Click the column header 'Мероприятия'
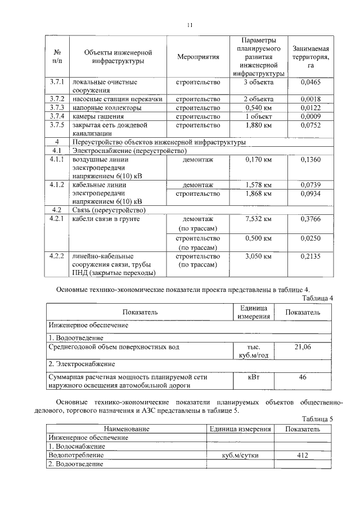click(197, 57)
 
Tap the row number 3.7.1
click(57, 82)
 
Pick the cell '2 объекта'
click(258, 99)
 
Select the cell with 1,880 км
click(258, 125)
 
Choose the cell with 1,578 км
click(258, 185)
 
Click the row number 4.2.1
click(57, 219)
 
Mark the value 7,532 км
click(258, 219)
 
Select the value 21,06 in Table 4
click(303, 347)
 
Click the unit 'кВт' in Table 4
click(254, 377)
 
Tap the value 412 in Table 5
click(303, 455)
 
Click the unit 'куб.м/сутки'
click(240, 455)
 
